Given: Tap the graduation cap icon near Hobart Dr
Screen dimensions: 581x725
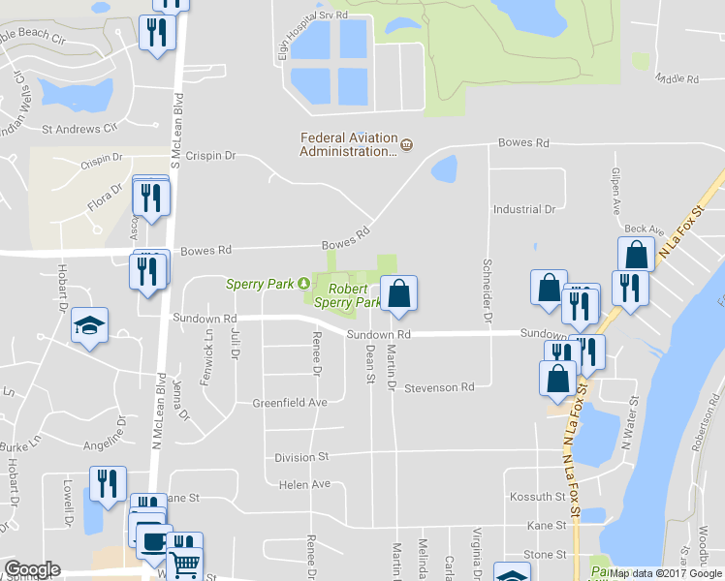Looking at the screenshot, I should pyautogui.click(x=89, y=326).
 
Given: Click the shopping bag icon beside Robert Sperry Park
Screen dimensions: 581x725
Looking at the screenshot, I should pyautogui.click(x=398, y=292).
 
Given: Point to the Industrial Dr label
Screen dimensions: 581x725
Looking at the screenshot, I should pyautogui.click(x=523, y=208).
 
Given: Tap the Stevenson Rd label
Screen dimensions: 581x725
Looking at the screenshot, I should pyautogui.click(x=439, y=387).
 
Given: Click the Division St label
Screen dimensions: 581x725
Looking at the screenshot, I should pyautogui.click(x=302, y=456).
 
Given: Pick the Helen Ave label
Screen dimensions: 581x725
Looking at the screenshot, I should pyautogui.click(x=304, y=484).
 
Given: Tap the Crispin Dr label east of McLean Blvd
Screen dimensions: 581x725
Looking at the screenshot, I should pyautogui.click(x=210, y=155).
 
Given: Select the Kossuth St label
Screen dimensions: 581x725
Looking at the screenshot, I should pyautogui.click(x=540, y=497).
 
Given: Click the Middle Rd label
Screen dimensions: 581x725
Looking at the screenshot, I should pyautogui.click(x=677, y=78).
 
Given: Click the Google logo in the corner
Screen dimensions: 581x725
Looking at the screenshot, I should pyautogui.click(x=31, y=569).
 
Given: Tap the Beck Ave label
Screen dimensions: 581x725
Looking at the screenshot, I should pyautogui.click(x=644, y=229).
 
